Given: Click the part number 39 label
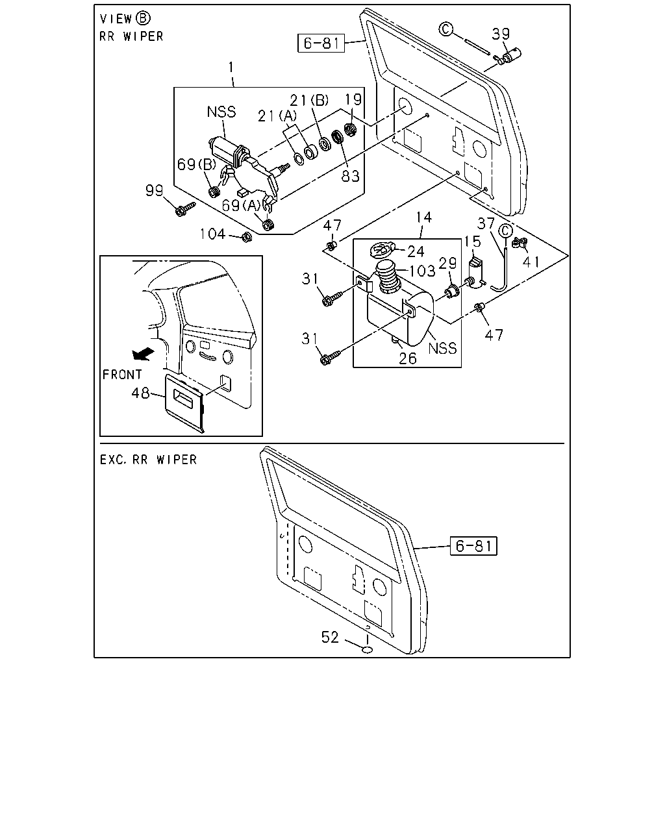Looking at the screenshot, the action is click(x=501, y=34).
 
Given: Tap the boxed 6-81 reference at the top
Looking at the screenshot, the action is click(x=321, y=43).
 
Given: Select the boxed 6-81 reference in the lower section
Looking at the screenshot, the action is click(x=473, y=545).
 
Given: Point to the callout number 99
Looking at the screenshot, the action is click(x=154, y=190).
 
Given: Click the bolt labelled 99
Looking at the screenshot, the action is click(x=185, y=208).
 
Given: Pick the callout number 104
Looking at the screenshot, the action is click(x=212, y=234).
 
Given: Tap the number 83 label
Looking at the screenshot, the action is click(x=351, y=176).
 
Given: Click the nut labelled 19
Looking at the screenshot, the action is click(x=349, y=129).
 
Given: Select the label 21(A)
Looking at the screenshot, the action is click(x=277, y=116).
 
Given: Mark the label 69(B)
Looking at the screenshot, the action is click(x=197, y=164).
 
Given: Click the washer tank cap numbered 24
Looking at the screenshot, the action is click(x=382, y=249).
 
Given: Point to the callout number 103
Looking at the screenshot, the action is click(x=422, y=271).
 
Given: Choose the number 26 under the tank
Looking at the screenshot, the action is click(x=408, y=359).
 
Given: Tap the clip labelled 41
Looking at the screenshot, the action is click(x=520, y=243).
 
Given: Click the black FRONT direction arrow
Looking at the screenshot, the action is click(x=143, y=354).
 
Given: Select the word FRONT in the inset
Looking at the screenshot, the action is click(x=122, y=375).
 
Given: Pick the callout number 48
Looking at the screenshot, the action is click(x=140, y=393).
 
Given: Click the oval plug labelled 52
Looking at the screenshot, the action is click(x=368, y=650).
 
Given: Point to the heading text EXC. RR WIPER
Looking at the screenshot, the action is click(x=149, y=460).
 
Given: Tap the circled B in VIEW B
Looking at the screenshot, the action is click(x=143, y=18).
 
